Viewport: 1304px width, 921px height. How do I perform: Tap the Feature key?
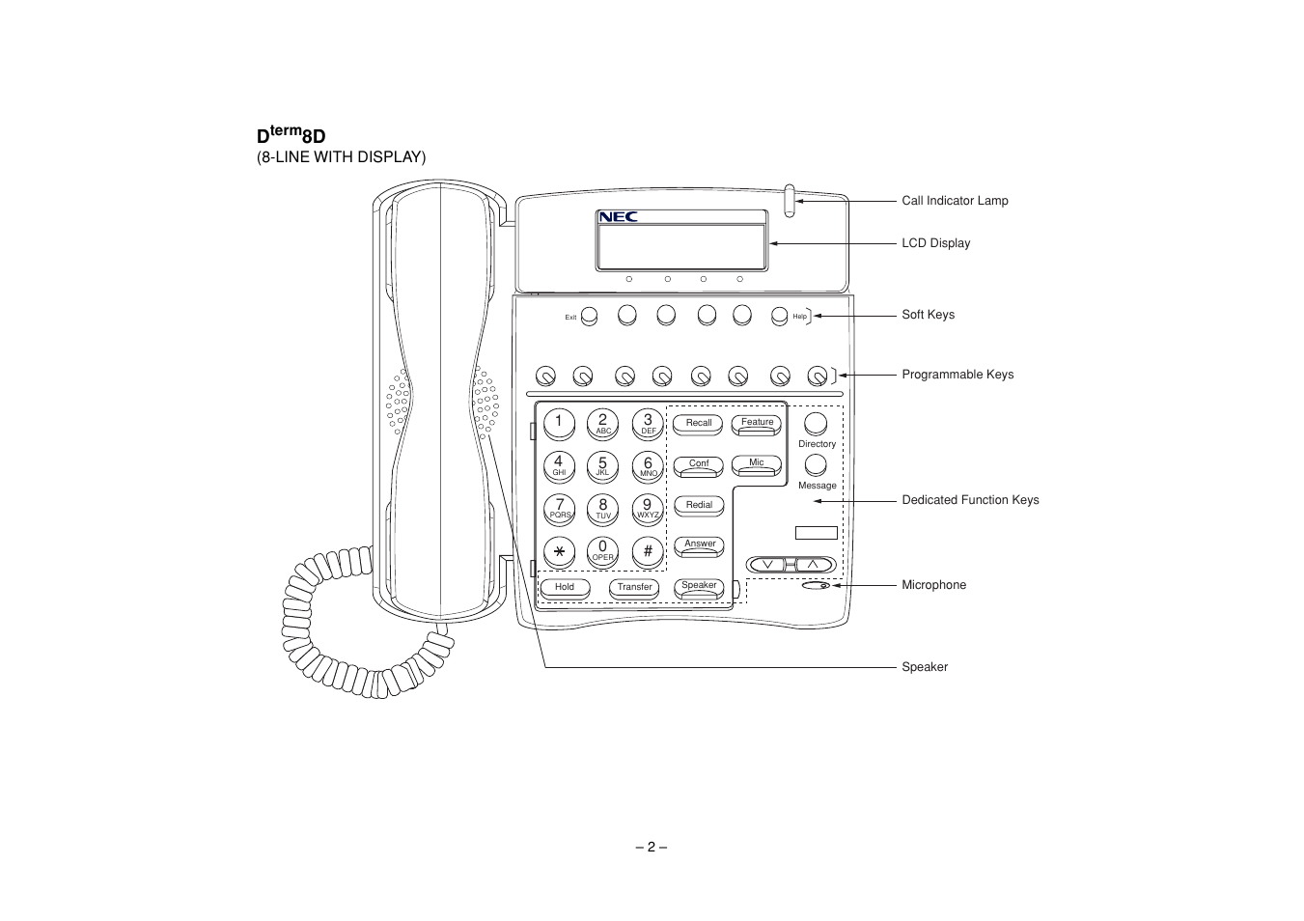757,423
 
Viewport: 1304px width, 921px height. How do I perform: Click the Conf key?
699,464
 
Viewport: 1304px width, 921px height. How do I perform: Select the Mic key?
757,463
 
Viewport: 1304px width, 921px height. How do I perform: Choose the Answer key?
699,545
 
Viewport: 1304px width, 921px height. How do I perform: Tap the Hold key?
565,587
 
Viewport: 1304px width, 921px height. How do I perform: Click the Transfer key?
634,587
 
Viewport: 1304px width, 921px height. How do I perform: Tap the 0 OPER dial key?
603,551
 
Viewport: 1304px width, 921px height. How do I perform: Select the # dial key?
648,551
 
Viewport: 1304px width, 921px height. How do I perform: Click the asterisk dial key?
559,551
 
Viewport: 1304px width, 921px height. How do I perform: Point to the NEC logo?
619,217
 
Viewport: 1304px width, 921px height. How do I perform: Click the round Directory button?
816,423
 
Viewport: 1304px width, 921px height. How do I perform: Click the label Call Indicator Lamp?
955,201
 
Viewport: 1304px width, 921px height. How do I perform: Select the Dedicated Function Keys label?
970,500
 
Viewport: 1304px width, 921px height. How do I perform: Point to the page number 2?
652,847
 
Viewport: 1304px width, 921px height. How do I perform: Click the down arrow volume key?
767,565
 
